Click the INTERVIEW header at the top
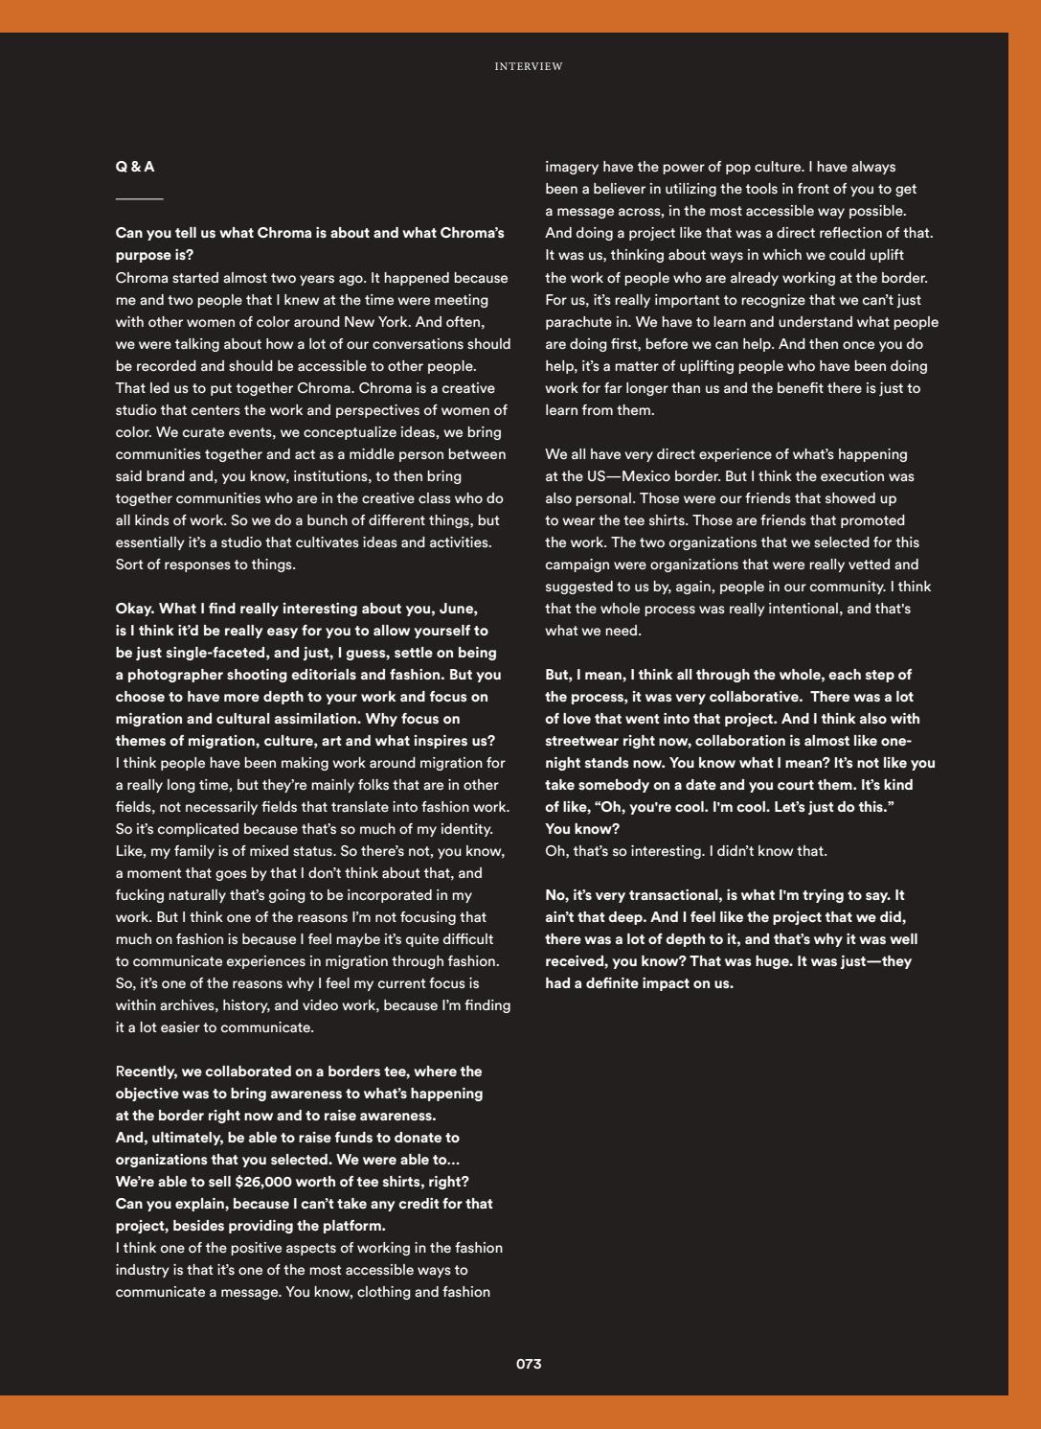click(528, 66)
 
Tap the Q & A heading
click(135, 167)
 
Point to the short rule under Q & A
click(139, 199)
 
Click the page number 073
click(529, 1364)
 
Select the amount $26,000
click(265, 1182)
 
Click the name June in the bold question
click(458, 609)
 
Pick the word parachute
click(577, 322)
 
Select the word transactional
click(674, 895)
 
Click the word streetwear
click(583, 741)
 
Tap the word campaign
click(577, 565)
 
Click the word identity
click(464, 829)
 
